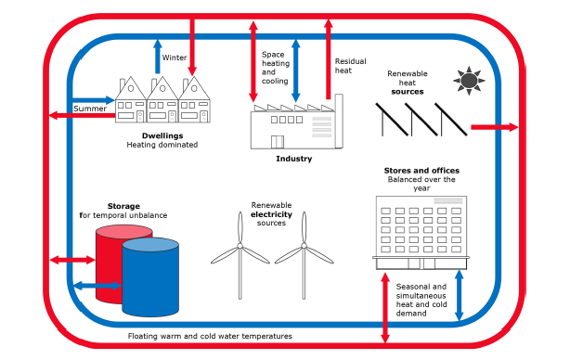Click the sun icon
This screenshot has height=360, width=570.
coord(469,81)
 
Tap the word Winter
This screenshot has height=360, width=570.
coord(175,58)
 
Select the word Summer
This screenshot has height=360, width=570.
coord(90,109)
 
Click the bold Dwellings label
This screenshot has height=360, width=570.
coord(162,135)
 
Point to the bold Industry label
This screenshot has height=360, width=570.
coord(293,159)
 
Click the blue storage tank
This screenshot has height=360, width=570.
coord(150,277)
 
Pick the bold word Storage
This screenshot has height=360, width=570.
coord(123,206)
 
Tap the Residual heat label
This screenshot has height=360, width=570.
coord(350,66)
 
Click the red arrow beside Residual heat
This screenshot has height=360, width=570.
coord(329,59)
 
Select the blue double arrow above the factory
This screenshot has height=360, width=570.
coord(296,71)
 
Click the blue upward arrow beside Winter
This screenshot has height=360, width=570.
coord(158,57)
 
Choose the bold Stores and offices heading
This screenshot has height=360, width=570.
coord(421,171)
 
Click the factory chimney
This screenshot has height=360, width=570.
coord(339,121)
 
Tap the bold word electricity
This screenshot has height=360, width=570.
coord(271,214)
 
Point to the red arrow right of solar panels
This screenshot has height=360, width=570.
coord(495,127)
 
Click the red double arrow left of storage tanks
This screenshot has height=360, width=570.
coord(72,260)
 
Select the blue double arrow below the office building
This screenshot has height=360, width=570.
coord(460,295)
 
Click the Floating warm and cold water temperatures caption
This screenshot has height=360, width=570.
coord(210,336)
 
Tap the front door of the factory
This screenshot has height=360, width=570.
coord(278,142)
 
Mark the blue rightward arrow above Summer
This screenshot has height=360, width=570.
coord(94,100)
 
